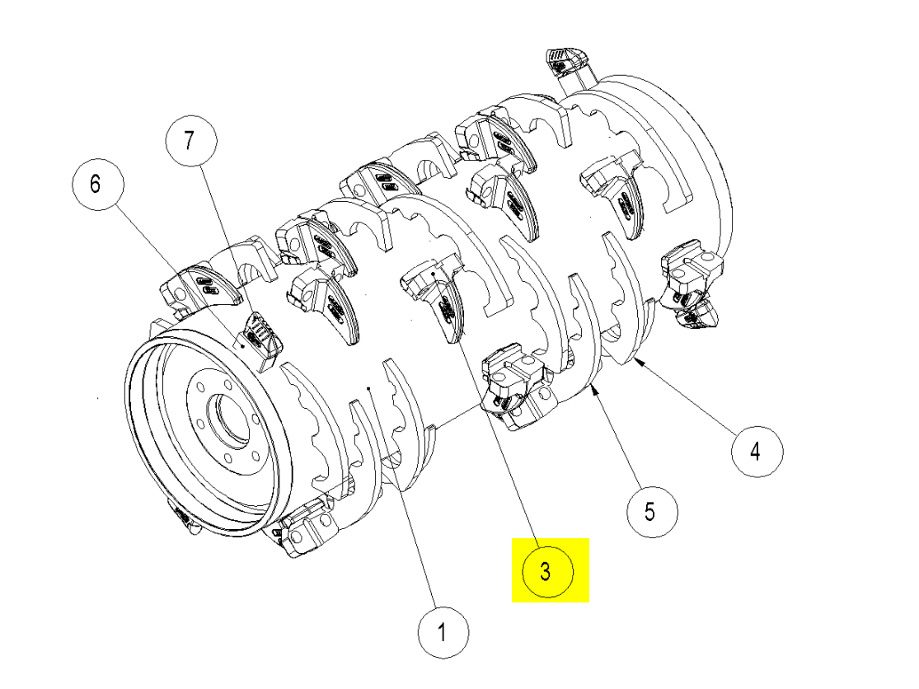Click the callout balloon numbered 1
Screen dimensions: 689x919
tap(443, 633)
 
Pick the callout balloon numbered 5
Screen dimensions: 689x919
tap(650, 512)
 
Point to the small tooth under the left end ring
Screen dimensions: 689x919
tap(183, 518)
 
